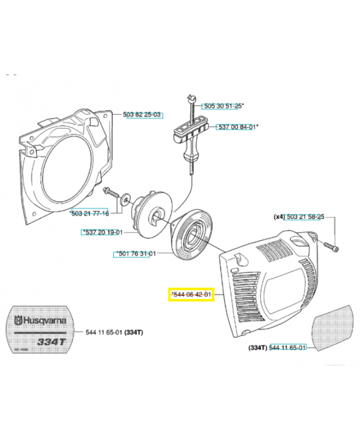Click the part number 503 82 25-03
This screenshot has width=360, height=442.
point(142,114)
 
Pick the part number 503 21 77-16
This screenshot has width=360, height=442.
point(89,213)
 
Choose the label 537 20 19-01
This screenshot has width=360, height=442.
point(102,232)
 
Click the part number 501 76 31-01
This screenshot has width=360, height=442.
point(135,254)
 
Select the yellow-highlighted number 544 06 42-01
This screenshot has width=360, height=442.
point(190,295)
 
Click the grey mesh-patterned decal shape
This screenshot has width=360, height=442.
point(333,326)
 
